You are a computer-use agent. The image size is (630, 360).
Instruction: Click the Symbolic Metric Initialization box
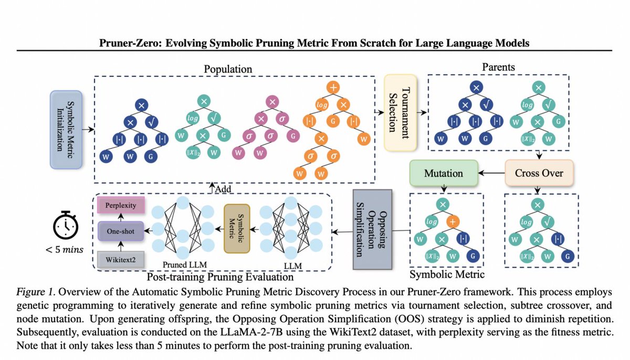pos(66,129)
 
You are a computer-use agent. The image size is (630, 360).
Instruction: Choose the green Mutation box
pos(444,173)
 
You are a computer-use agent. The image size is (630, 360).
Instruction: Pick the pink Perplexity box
pos(120,205)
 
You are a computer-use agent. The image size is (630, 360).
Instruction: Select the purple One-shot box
pos(120,230)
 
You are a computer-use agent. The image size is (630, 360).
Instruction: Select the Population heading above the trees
pos(228,69)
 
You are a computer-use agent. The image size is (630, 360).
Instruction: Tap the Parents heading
pos(499,68)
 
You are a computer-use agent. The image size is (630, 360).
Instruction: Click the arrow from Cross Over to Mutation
pos(491,173)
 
